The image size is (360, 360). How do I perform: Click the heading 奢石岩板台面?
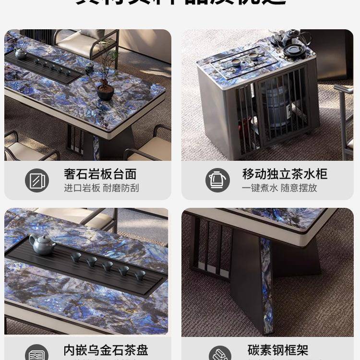[x=100, y=174]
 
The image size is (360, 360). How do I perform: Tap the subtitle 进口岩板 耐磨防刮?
[x=101, y=188]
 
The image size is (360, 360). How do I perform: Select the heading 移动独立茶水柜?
[x=284, y=174]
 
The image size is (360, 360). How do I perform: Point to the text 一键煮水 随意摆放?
[x=279, y=188]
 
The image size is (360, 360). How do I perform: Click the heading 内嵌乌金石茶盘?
[x=106, y=350]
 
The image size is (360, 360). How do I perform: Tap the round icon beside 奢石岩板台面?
[x=37, y=180]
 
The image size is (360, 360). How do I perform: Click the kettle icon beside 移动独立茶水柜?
[x=217, y=180]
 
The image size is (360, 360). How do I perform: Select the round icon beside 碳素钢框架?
[x=220, y=354]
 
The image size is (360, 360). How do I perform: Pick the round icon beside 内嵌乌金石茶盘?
[x=37, y=354]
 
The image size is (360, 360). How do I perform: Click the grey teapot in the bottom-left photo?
[x=42, y=245]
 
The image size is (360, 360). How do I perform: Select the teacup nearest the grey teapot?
[x=76, y=257]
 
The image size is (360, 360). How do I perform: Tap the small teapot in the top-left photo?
[x=21, y=53]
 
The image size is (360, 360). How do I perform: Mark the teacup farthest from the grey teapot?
[x=140, y=275]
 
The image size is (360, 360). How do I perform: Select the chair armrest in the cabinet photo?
[x=345, y=89]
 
